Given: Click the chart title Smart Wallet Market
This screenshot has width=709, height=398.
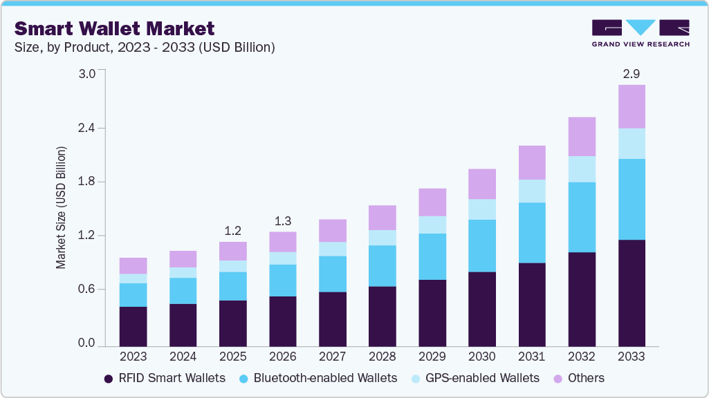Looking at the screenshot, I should click(115, 28).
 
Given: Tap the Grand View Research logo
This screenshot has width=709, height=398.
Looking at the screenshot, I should click(641, 33).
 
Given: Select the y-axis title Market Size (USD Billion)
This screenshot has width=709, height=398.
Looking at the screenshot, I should click(62, 207).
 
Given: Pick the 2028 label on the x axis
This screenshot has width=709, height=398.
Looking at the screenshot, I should click(383, 357).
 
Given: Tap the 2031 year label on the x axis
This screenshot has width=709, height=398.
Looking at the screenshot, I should click(532, 357).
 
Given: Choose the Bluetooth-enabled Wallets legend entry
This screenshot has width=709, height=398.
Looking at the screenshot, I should click(317, 378).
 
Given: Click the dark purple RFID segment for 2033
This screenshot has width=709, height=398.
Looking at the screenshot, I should click(632, 293).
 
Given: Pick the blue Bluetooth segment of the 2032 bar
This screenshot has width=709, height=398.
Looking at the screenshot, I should click(582, 217).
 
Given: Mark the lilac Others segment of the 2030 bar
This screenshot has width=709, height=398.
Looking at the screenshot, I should click(482, 184).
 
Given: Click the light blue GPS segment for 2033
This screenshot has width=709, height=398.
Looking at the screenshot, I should click(632, 144).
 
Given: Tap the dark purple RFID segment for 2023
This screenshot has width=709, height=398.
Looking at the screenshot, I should click(133, 326).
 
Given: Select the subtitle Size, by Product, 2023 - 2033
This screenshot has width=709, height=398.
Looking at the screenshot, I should click(145, 48).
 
